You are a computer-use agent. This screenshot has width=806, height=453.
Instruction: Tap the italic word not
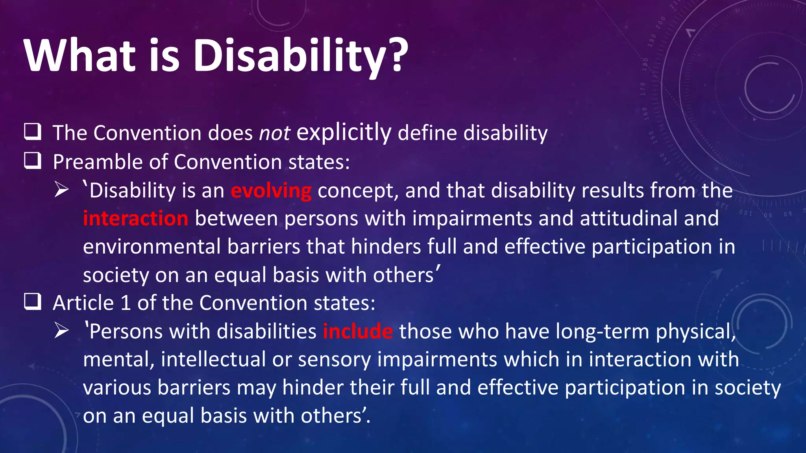(x=274, y=133)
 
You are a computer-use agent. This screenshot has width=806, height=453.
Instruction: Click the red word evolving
(x=271, y=191)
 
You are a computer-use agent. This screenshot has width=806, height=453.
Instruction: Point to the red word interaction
(x=136, y=219)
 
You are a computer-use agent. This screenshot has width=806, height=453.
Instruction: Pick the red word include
(x=358, y=331)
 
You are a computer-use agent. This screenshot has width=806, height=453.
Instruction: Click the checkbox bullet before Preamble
(x=33, y=161)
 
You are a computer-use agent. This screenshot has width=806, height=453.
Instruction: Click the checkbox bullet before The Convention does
(x=33, y=132)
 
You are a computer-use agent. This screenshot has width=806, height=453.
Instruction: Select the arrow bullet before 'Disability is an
(x=62, y=190)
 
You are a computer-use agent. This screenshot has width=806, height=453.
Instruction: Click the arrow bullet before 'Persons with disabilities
(x=62, y=331)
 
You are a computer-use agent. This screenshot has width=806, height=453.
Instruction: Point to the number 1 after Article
(x=126, y=303)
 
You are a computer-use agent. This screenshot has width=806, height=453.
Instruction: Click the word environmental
(x=152, y=247)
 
